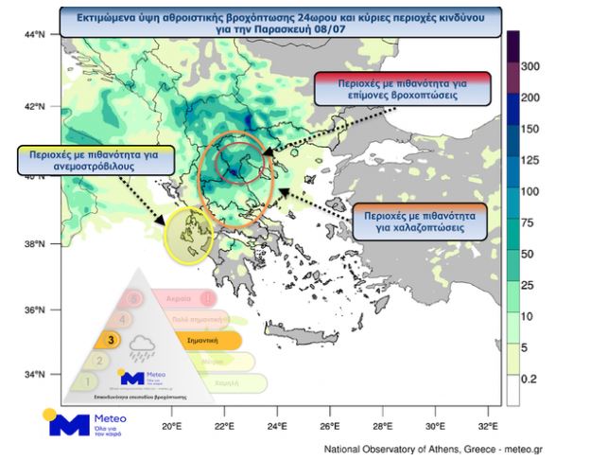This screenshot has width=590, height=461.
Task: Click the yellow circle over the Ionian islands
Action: pos(190,232)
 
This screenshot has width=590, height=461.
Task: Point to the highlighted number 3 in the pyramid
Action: pos(112,339)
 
